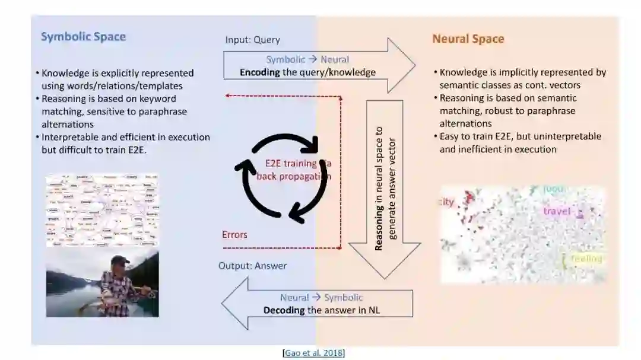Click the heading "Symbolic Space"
click(x=83, y=37)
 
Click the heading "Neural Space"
click(x=468, y=39)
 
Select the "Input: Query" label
click(x=252, y=40)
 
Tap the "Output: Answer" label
click(x=252, y=266)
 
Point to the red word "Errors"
click(x=234, y=234)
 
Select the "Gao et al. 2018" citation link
click(x=314, y=353)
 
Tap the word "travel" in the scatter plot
click(x=556, y=211)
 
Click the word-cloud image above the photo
click(x=102, y=209)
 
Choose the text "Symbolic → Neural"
click(x=307, y=59)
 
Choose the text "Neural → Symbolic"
click(x=321, y=298)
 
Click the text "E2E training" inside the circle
click(x=290, y=164)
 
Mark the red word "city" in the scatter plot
click(x=446, y=202)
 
